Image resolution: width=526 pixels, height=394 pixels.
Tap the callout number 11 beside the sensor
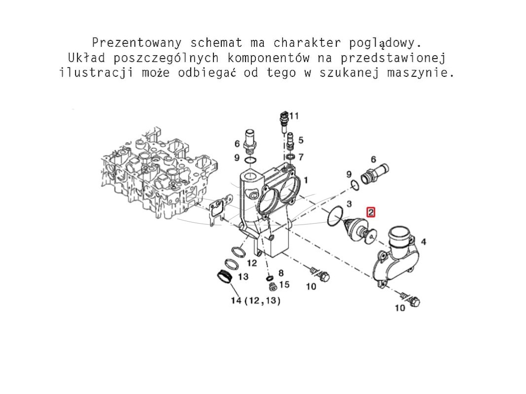click(294, 116)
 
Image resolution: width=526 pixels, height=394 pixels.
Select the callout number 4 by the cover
click(423, 241)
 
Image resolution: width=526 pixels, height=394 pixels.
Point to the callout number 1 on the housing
click(306, 181)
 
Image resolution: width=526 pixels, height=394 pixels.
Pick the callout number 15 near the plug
click(284, 285)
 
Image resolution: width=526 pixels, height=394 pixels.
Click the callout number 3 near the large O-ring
click(349, 204)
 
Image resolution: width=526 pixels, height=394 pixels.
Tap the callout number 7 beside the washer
click(301, 157)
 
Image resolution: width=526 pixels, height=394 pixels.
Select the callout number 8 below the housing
click(281, 273)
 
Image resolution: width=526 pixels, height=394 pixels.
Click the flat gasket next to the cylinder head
click(219, 210)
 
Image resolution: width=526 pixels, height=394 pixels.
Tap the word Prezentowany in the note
click(137, 43)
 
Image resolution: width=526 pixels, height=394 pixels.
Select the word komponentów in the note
click(268, 58)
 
